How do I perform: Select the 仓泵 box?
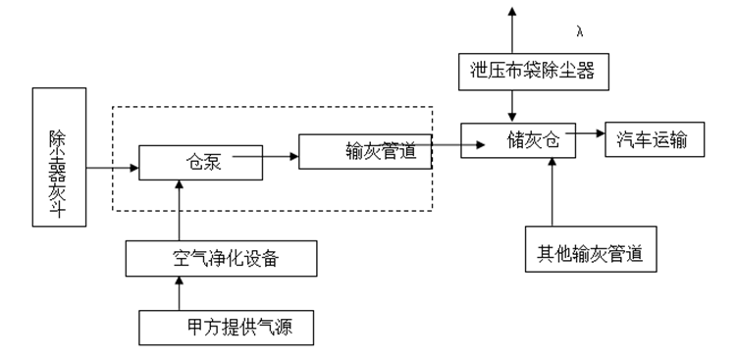(201, 163)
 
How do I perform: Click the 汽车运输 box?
(658, 140)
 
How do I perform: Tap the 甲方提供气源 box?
(229, 328)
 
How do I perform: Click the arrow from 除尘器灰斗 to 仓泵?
(111, 169)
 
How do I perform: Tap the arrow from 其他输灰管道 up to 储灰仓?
(554, 196)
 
